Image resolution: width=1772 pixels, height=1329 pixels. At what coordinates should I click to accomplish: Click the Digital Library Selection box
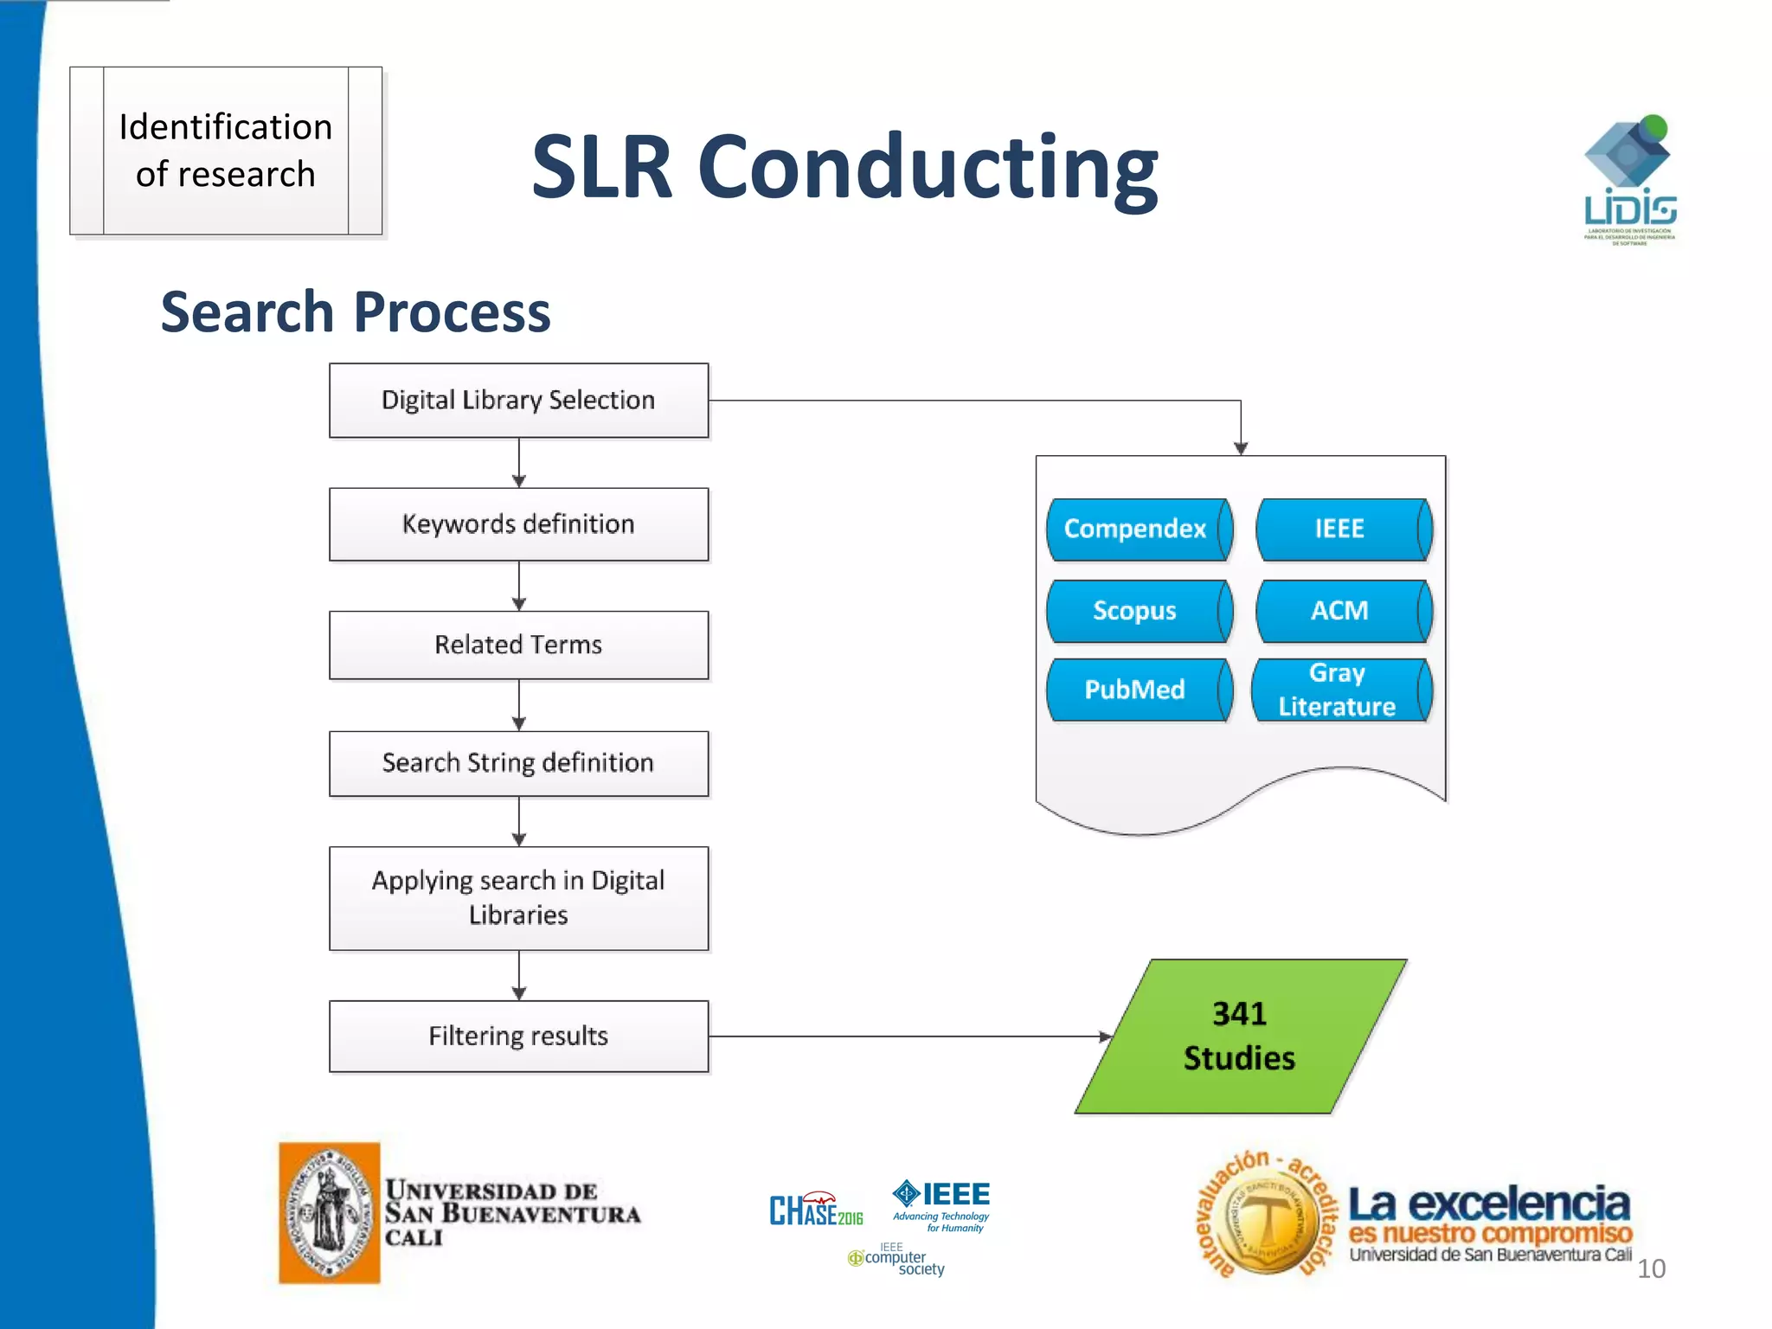click(518, 401)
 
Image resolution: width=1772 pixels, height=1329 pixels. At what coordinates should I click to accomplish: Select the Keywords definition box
click(518, 524)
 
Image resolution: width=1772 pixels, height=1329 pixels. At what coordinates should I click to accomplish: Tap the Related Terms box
click(518, 645)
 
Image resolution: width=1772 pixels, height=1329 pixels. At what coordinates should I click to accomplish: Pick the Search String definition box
click(518, 763)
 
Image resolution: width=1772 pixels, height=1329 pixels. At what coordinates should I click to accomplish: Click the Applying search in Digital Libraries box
click(518, 898)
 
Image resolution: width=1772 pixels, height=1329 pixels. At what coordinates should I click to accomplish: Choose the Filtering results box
click(518, 1036)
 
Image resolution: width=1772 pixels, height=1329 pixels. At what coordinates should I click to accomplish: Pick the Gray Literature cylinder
click(1339, 690)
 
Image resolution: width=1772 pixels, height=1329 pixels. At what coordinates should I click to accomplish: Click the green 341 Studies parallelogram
click(1240, 1036)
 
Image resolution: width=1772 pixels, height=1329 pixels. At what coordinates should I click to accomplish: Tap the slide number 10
click(1651, 1268)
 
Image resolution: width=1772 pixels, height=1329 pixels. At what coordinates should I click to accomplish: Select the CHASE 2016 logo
click(815, 1210)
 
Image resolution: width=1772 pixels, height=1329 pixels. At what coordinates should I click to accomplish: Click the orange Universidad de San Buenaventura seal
click(329, 1212)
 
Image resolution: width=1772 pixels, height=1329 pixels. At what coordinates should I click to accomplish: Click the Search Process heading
click(356, 311)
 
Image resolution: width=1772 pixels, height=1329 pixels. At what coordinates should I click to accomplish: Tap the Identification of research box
click(226, 151)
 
